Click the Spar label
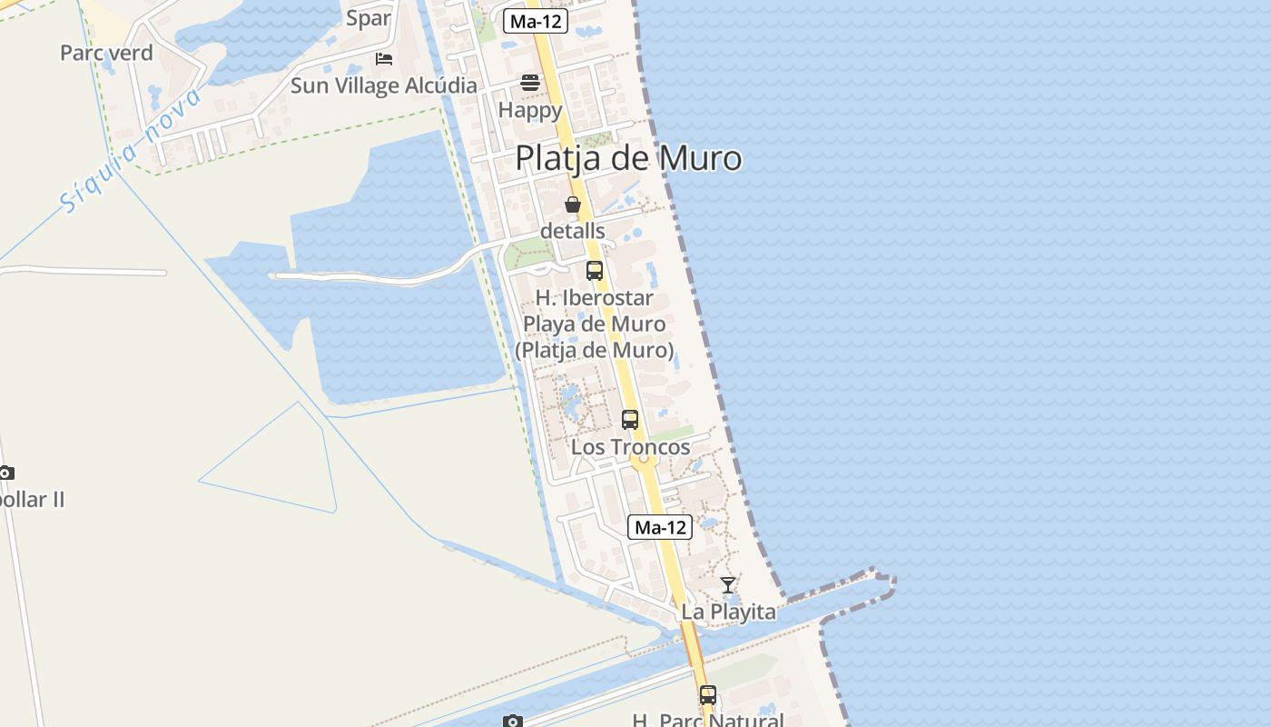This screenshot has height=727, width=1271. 369,18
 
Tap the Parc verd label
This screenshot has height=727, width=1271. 106,53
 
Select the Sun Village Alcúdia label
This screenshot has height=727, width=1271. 383,85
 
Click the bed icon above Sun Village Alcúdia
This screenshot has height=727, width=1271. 384,59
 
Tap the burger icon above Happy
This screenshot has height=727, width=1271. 530,83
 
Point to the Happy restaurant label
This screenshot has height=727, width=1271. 530,111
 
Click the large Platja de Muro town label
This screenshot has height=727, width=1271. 628,158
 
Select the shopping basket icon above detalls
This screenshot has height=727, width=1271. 573,204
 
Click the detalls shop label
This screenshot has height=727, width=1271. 572,231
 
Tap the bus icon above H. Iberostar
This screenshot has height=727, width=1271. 595,271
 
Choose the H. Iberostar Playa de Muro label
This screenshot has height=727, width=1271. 595,324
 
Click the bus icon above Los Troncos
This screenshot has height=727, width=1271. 630,420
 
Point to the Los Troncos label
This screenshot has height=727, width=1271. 630,447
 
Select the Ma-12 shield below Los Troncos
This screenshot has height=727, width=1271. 660,527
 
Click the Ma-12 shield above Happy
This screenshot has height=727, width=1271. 536,22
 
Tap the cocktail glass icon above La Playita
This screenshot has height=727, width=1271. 728,584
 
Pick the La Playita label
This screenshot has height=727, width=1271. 728,612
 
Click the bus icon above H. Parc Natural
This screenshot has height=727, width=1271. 708,695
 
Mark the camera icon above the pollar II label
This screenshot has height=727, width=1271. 6,473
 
